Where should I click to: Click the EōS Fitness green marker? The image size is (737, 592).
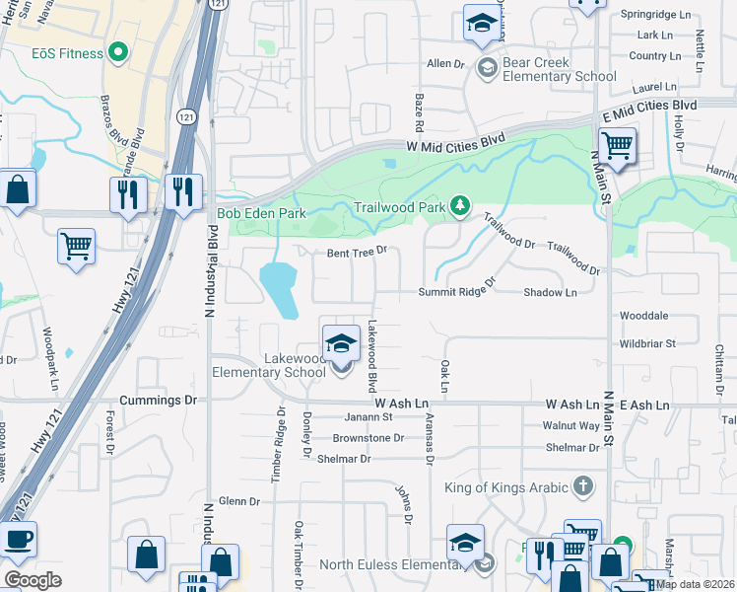click(x=118, y=52)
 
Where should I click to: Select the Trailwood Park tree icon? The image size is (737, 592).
click(x=458, y=205)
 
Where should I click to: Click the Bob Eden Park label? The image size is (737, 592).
click(x=261, y=212)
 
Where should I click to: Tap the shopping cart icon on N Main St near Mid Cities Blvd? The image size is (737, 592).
click(x=617, y=146)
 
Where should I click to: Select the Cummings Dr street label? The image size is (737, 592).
click(x=158, y=401)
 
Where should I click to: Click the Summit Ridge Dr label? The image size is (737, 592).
click(x=456, y=292)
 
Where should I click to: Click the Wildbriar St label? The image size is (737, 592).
click(x=647, y=343)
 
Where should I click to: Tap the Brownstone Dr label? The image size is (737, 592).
click(x=368, y=437)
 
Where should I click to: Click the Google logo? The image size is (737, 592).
click(x=33, y=580)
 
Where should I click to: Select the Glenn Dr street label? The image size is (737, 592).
click(x=239, y=501)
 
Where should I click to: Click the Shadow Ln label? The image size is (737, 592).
click(x=550, y=292)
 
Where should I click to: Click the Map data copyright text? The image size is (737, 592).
click(x=696, y=583)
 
